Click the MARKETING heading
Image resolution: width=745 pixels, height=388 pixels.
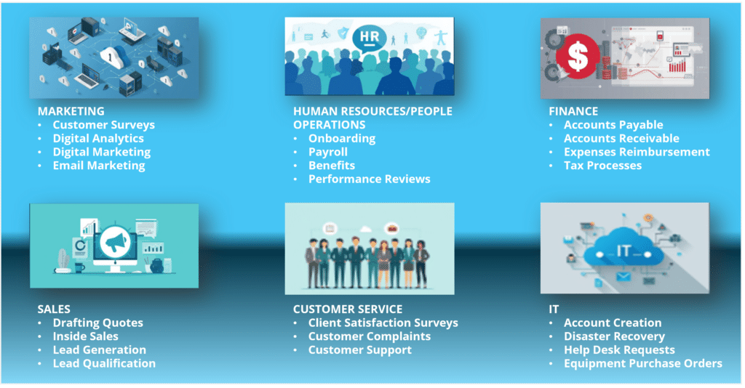point(71,111)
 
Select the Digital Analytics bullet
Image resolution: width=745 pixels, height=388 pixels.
point(98,138)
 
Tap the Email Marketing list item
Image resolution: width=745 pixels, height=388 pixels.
point(98,165)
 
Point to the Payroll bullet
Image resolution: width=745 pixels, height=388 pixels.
point(328,152)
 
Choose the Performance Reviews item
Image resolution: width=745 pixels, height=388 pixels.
point(369,179)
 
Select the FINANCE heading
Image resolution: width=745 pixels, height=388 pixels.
point(573,111)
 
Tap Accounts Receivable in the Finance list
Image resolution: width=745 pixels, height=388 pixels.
point(621,138)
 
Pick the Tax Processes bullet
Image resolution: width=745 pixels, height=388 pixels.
point(602,165)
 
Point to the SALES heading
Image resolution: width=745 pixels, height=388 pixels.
point(55,309)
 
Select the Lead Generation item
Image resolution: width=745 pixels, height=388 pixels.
point(99,349)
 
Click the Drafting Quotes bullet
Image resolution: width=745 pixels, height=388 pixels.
point(97,323)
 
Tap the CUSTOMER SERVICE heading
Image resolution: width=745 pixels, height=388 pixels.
point(348,309)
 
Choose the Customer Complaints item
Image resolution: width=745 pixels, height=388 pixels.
point(369,336)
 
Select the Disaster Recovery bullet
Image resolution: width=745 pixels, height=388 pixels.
point(614,336)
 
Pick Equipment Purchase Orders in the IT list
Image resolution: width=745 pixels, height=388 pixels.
point(642,363)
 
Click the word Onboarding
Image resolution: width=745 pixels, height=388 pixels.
point(342,138)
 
